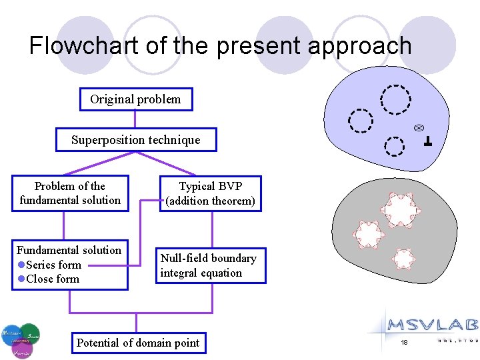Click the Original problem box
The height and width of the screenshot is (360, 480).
(x=135, y=99)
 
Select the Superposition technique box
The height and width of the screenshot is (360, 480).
(x=135, y=140)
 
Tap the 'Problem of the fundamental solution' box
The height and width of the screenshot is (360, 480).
(x=70, y=193)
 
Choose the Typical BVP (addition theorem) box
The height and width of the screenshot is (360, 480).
(x=211, y=193)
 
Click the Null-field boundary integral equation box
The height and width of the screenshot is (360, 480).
(x=211, y=265)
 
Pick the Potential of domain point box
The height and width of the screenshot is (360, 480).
(x=138, y=343)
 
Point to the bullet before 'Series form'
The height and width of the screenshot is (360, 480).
(x=21, y=265)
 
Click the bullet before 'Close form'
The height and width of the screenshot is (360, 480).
(x=21, y=279)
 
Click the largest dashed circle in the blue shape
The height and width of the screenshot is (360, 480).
(x=395, y=100)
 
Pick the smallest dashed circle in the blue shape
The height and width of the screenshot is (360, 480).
(x=395, y=146)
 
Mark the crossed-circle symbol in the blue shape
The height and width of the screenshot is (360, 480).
(x=419, y=127)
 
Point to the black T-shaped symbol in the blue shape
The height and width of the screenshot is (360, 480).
(x=427, y=141)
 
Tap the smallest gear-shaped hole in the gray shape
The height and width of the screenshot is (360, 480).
(x=403, y=258)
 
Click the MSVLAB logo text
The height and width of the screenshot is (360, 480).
(x=433, y=325)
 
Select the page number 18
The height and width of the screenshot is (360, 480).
(x=403, y=342)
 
